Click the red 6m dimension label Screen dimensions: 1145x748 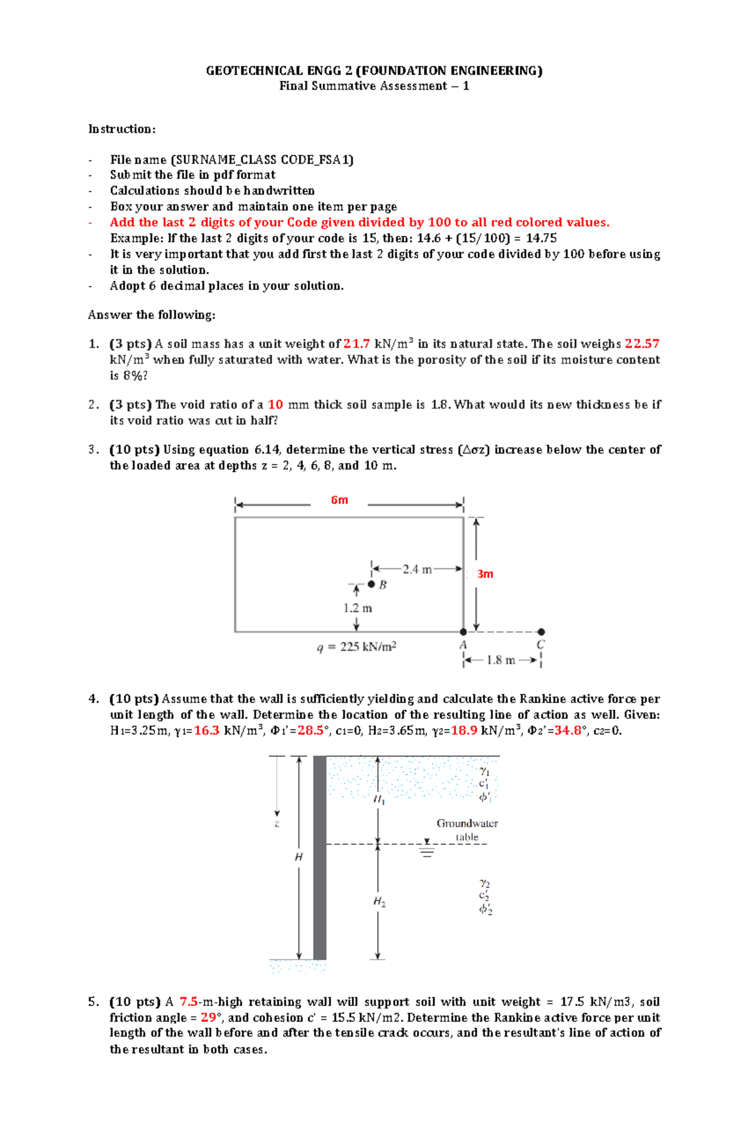tap(339, 500)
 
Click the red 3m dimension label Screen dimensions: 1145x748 tap(485, 574)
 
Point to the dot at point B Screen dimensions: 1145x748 tap(372, 584)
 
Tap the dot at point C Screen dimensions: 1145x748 tap(541, 632)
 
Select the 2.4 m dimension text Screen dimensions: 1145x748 tap(417, 569)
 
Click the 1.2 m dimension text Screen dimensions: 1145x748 tap(357, 608)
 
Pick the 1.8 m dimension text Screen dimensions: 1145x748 tap(501, 660)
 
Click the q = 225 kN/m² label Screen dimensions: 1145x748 tap(357, 647)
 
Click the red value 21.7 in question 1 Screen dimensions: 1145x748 tap(357, 344)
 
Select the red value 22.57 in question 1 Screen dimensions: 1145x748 tap(642, 344)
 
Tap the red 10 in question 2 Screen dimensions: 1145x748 tap(276, 404)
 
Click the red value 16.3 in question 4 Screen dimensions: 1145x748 tap(207, 731)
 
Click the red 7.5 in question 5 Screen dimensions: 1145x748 tap(189, 1001)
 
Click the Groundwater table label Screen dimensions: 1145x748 tap(467, 830)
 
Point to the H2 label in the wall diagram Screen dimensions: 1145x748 tap(379, 902)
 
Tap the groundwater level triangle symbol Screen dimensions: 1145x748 tap(426, 842)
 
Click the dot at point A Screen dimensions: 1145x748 tap(463, 632)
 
